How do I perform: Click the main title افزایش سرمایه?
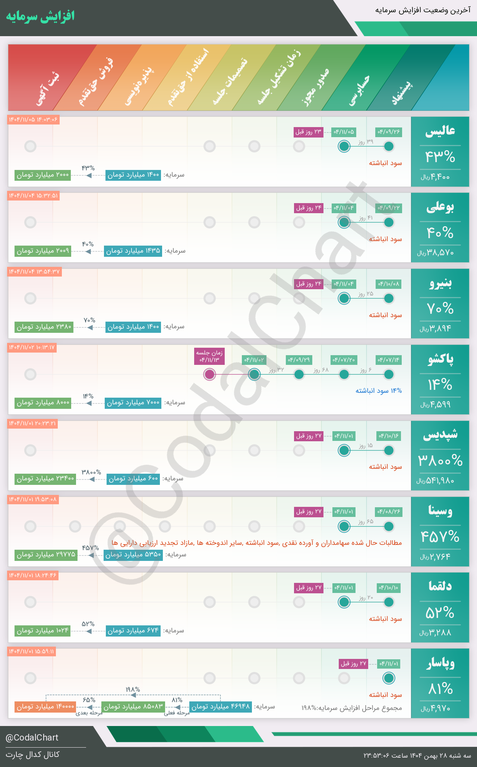pyautogui.click(x=40, y=17)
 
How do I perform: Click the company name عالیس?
pyautogui.click(x=440, y=131)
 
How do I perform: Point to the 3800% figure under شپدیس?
pyautogui.click(x=440, y=461)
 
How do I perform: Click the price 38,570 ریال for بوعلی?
pyautogui.click(x=436, y=253)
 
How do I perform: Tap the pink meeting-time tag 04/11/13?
pyautogui.click(x=210, y=356)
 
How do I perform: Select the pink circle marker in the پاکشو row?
pyautogui.click(x=210, y=374)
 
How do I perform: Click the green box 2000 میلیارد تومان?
pyautogui.click(x=42, y=175)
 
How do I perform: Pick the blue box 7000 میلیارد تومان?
pyautogui.click(x=133, y=403)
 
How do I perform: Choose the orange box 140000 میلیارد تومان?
pyautogui.click(x=45, y=707)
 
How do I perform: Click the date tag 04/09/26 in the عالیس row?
pyautogui.click(x=389, y=132)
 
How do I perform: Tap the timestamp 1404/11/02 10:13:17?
pyautogui.click(x=32, y=347)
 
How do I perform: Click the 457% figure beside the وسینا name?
pyautogui.click(x=440, y=537)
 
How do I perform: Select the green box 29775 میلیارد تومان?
pyautogui.click(x=46, y=555)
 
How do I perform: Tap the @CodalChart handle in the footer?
pyautogui.click(x=32, y=738)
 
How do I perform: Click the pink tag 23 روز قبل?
pyautogui.click(x=308, y=132)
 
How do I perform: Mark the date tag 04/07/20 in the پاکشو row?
pyautogui.click(x=344, y=360)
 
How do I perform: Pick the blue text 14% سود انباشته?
pyautogui.click(x=379, y=391)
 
